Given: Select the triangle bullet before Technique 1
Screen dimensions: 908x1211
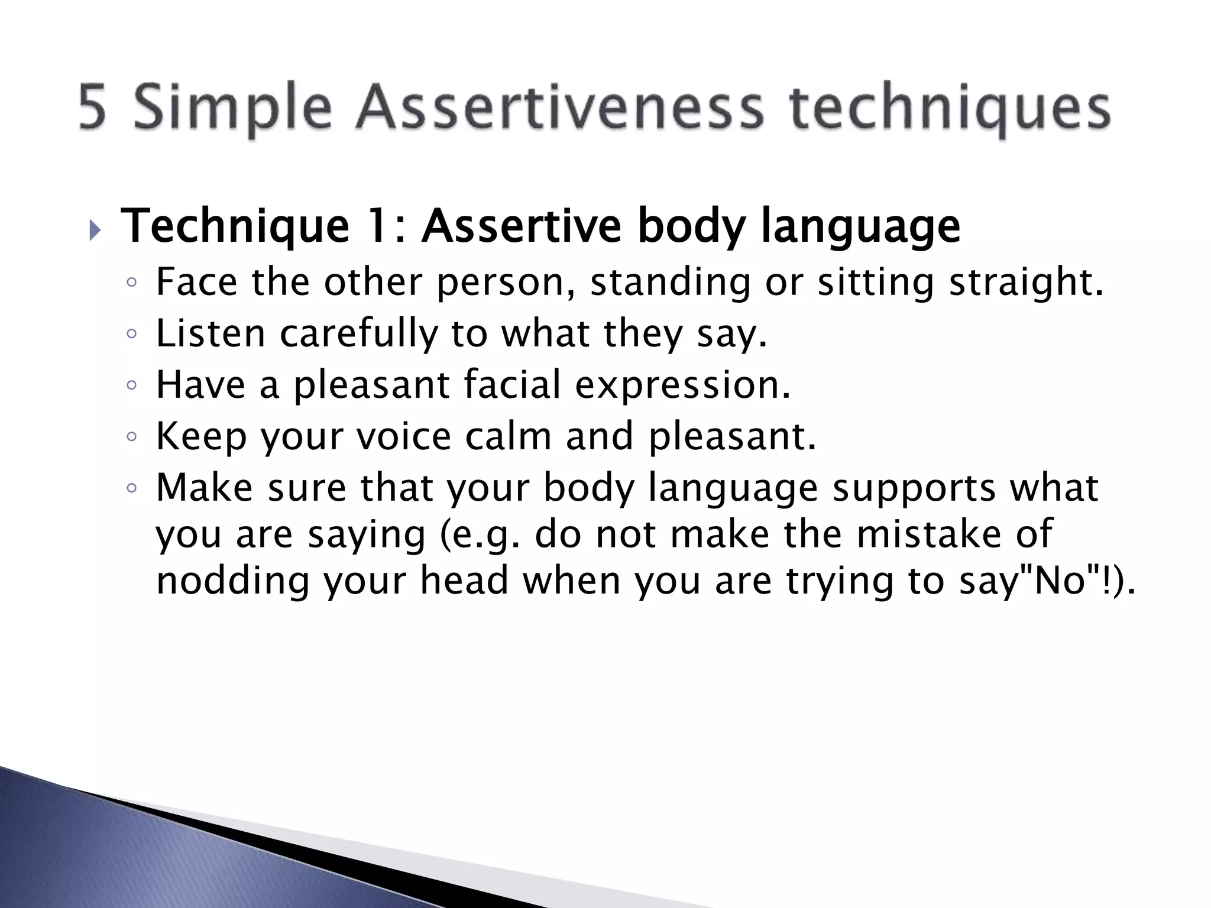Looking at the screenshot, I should click(95, 231).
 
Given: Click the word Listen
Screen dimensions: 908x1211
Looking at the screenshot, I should click(211, 333).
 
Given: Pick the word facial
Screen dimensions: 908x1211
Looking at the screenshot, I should click(512, 384).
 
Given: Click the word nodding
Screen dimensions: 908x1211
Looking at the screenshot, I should click(233, 581).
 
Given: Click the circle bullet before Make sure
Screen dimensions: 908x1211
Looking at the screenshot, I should click(132, 488).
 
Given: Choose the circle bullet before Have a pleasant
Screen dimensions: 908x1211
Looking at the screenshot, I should click(132, 385).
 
